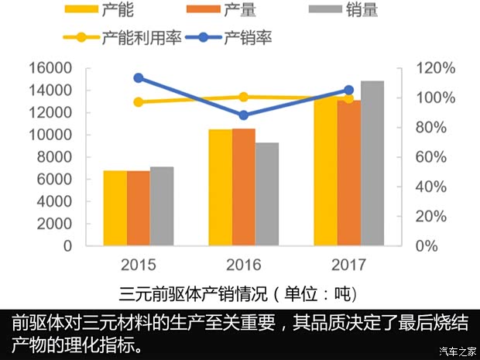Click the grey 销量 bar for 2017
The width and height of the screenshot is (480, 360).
coord(372,163)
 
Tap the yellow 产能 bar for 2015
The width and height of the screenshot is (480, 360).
coord(115,208)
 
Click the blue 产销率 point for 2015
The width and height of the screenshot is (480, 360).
coord(139,77)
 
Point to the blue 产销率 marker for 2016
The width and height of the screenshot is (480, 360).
coord(244,115)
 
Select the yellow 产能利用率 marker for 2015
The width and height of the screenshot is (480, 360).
coord(139,102)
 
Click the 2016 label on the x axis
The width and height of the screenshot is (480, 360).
coord(243,263)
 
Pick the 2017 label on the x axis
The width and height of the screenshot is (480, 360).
coord(348,263)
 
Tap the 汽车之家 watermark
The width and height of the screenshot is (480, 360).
coord(457,351)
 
